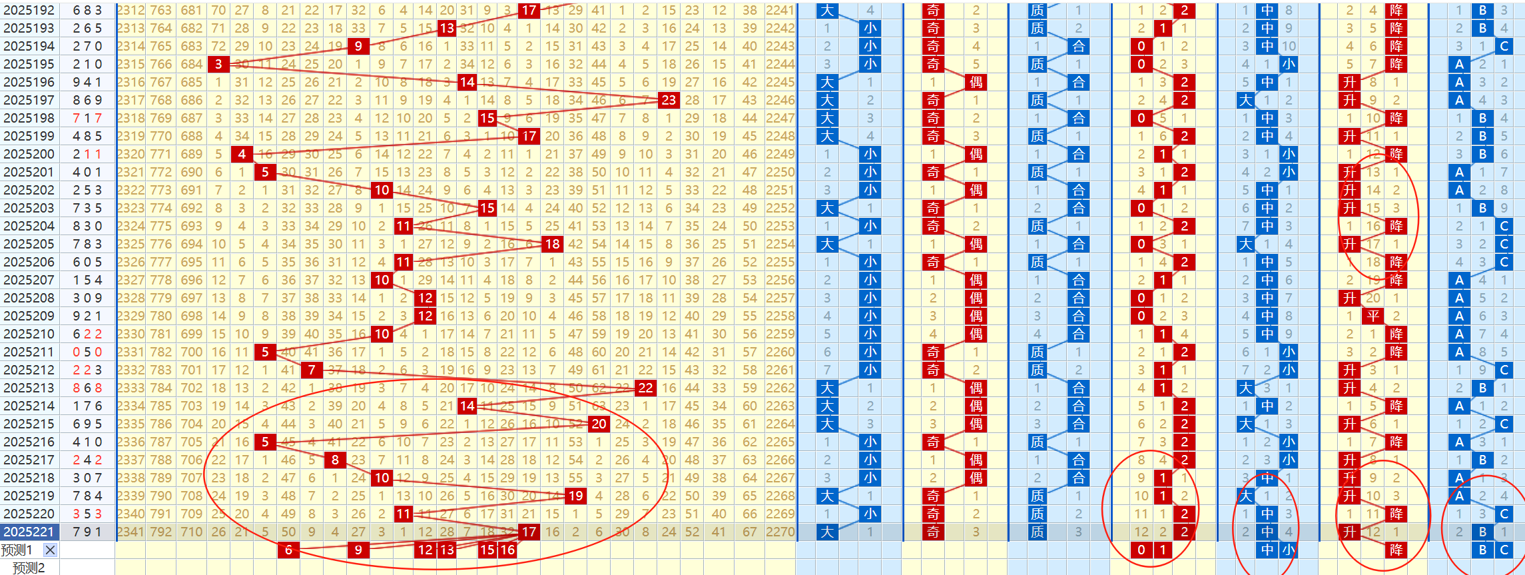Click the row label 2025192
(29, 11)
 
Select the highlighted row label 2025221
(29, 532)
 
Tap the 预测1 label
(17, 550)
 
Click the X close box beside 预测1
(50, 550)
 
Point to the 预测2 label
(29, 568)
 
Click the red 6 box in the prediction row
(288, 550)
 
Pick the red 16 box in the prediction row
(507, 550)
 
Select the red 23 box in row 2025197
(668, 100)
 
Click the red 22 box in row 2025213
(645, 388)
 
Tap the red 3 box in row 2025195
(218, 64)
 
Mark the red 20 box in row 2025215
(599, 424)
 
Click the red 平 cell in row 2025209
(1373, 316)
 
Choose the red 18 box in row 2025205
(552, 244)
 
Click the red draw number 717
(88, 118)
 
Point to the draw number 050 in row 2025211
(88, 352)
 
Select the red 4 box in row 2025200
(242, 154)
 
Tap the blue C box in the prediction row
(1504, 550)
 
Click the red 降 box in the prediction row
(1396, 550)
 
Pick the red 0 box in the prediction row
(1141, 550)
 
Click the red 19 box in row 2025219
(575, 496)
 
